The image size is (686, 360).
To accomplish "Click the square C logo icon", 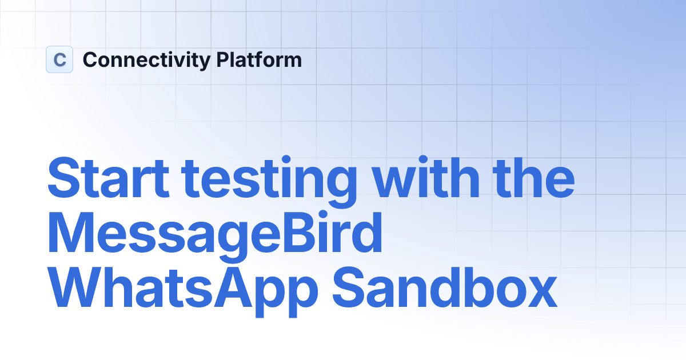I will pos(59,59).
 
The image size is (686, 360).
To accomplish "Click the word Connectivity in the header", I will pos(146,60).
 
